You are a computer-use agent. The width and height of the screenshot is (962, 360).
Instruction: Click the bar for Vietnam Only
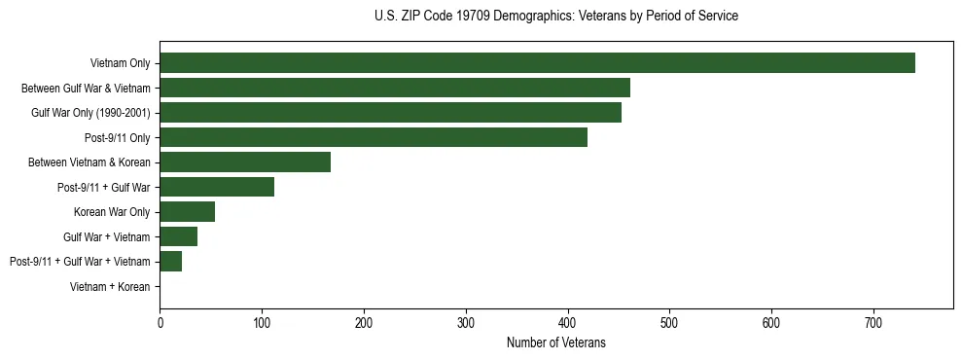coord(537,63)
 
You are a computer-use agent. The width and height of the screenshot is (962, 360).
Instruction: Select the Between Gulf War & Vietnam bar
coord(395,88)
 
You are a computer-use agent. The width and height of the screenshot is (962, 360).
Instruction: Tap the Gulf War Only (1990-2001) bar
coord(390,113)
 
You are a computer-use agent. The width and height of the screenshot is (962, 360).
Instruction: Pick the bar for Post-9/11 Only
coord(374,137)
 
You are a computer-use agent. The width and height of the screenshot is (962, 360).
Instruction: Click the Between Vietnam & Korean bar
coord(245,162)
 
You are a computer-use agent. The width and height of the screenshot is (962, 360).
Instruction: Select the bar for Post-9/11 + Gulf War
coord(217,187)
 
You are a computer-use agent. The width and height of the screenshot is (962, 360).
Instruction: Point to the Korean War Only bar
coord(187,212)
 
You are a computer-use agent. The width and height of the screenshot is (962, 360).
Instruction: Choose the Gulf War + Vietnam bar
coord(178,236)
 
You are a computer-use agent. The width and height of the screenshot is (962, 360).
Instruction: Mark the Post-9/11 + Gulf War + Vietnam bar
coord(170,262)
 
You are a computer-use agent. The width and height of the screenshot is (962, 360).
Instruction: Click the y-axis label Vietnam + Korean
coord(110,287)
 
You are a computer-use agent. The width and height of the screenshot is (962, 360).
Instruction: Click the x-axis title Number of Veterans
coord(555,342)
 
